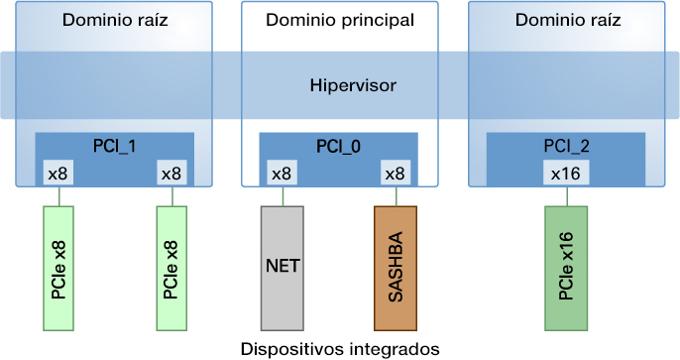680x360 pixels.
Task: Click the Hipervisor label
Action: [353, 85]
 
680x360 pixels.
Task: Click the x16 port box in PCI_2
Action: [566, 174]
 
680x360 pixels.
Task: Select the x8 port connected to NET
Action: [283, 174]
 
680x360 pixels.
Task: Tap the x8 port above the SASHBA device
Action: [396, 174]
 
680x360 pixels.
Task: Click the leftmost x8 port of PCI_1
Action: [58, 174]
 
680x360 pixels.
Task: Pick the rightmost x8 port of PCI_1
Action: [171, 174]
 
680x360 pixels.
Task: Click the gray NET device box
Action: [283, 268]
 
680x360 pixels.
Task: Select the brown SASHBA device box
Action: [396, 268]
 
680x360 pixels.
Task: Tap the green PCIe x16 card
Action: [566, 268]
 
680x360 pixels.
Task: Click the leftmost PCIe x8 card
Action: [58, 268]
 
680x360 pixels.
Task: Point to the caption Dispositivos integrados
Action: [339, 348]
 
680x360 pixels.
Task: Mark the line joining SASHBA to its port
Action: [396, 195]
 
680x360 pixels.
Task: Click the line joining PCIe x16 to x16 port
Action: [566, 195]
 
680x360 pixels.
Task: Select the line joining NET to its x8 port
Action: [283, 195]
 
